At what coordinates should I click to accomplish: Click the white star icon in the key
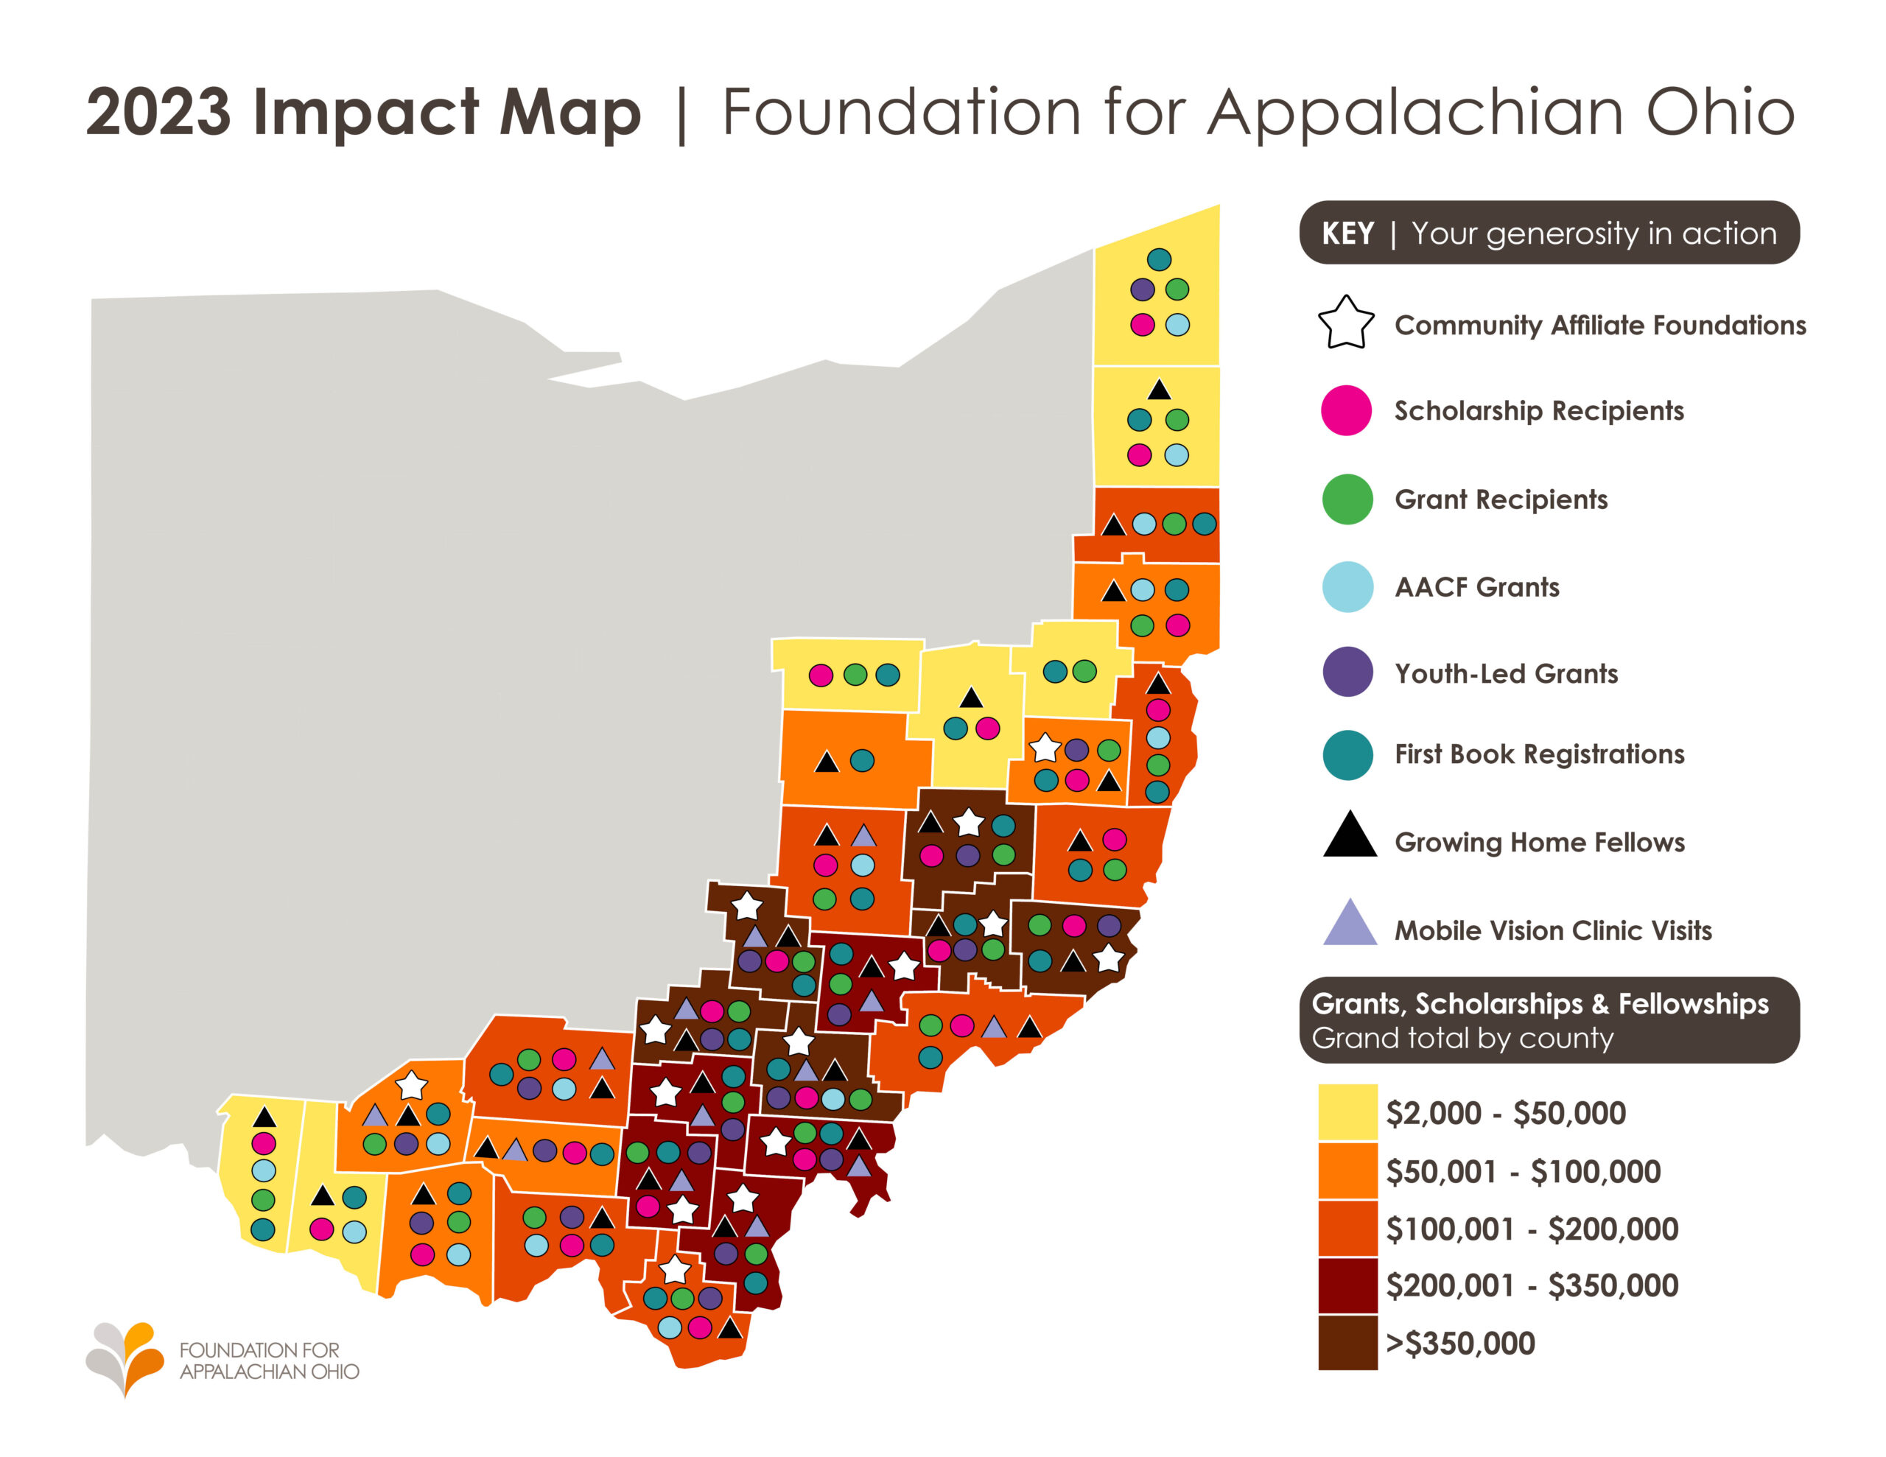(1345, 324)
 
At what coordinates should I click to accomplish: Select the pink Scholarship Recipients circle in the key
(1346, 410)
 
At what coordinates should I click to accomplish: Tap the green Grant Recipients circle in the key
(1347, 499)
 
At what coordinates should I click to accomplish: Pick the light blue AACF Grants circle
(1347, 587)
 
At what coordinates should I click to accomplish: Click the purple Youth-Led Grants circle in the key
(1347, 672)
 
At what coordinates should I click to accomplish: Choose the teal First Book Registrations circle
(1347, 755)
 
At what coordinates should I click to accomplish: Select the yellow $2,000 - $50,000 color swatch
(1347, 1112)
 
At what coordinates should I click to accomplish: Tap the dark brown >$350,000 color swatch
(1347, 1342)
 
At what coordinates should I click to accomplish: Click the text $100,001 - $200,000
(1531, 1229)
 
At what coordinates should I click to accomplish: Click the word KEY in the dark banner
(1347, 234)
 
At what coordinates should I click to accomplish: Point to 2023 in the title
(159, 112)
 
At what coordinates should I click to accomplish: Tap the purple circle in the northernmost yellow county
(1142, 289)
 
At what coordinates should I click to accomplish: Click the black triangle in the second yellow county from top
(1159, 390)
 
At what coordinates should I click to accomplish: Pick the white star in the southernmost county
(674, 1270)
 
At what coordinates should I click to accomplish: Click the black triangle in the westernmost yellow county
(264, 1117)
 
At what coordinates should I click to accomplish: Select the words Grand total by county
(1462, 1038)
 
